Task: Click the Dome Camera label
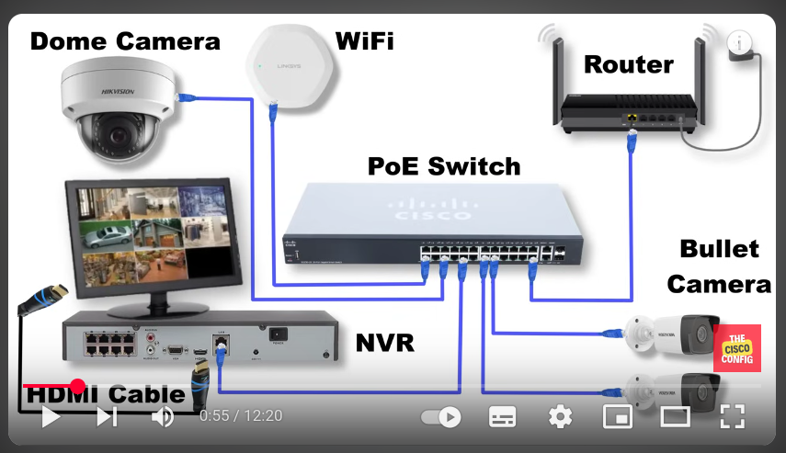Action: click(x=125, y=40)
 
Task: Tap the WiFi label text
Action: click(x=365, y=40)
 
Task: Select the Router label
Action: click(x=629, y=64)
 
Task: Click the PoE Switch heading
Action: click(x=444, y=166)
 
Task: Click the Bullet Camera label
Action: click(x=719, y=266)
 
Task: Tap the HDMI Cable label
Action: click(x=106, y=396)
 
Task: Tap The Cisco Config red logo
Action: click(x=737, y=348)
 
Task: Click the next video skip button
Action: click(x=108, y=417)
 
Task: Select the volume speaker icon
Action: click(x=163, y=417)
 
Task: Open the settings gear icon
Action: click(x=560, y=416)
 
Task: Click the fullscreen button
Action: click(x=732, y=416)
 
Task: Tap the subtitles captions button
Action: click(x=502, y=416)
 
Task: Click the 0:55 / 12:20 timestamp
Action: click(x=241, y=416)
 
